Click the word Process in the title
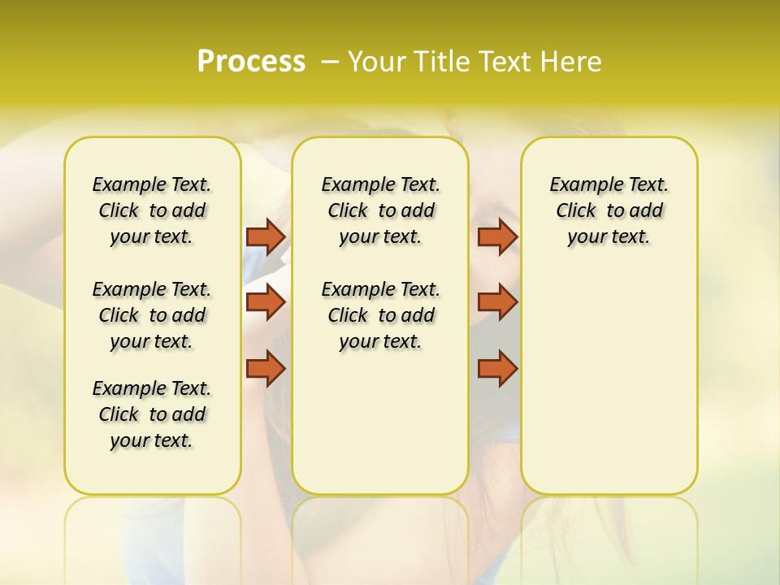click(251, 62)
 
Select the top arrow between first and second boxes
click(266, 236)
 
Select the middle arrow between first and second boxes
click(266, 302)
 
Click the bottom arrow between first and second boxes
click(266, 368)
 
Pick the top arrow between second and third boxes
click(497, 236)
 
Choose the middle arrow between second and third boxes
click(497, 302)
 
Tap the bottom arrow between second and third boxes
click(497, 368)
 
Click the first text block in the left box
click(152, 210)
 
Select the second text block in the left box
click(152, 315)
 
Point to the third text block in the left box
click(152, 414)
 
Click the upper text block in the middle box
click(380, 210)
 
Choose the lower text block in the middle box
click(380, 315)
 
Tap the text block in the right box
click(609, 210)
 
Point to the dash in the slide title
click(330, 62)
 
